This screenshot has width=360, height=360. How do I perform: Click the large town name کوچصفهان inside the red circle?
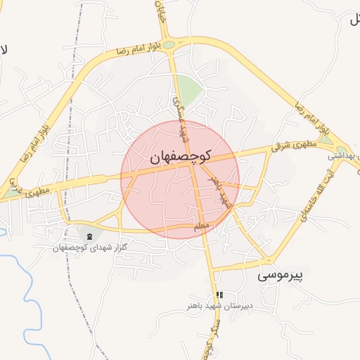181,158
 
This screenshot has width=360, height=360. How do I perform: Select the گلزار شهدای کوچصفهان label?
89,248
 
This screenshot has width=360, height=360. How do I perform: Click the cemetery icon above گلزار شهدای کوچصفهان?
89,236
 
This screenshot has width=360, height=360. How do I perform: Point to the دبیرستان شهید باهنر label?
219,307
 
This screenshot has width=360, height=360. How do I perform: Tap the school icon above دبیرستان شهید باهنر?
219,295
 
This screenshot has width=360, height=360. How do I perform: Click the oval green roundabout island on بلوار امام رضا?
171,44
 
